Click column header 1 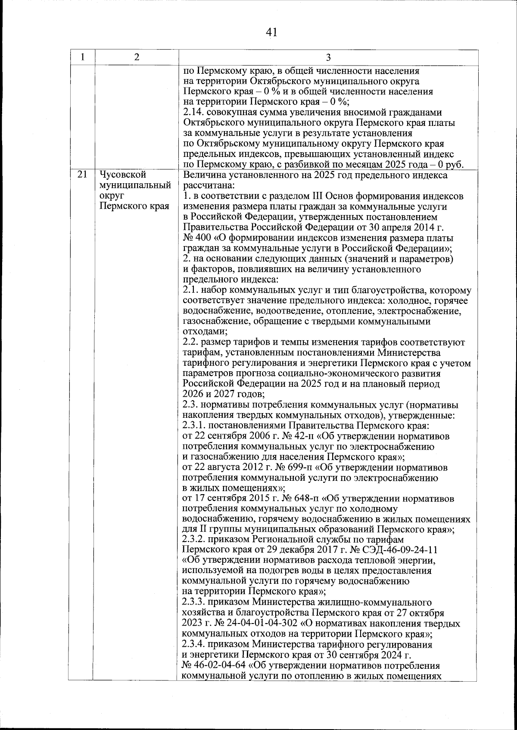(82, 57)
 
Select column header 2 (137, 57)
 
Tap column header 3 (328, 57)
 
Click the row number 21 (82, 175)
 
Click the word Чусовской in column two (122, 175)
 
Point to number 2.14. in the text (195, 113)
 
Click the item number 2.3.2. (196, 540)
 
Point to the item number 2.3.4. (196, 645)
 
